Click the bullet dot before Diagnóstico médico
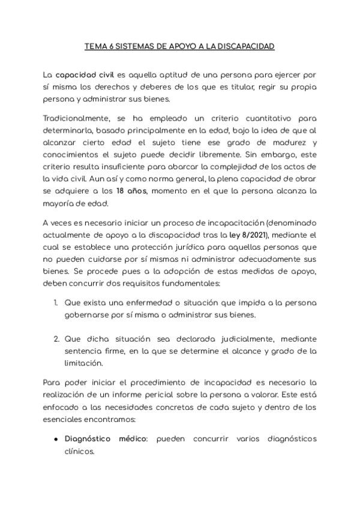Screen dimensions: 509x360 (56, 439)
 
